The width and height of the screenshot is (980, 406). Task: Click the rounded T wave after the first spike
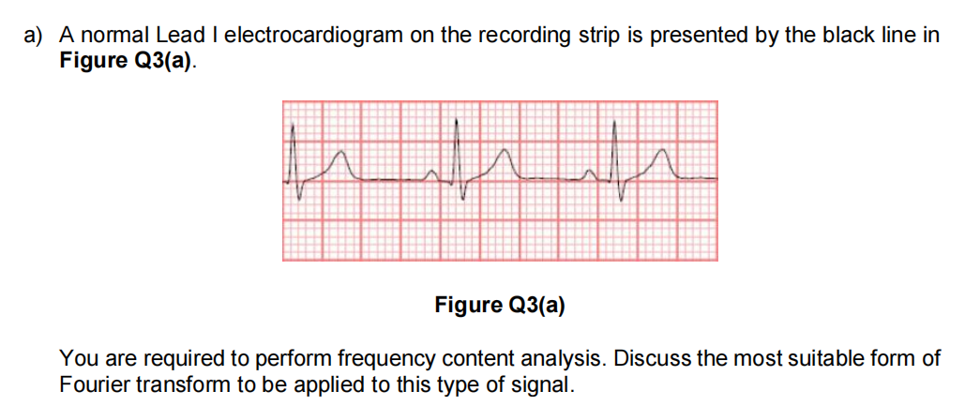(x=341, y=150)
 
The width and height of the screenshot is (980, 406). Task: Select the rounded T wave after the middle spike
(x=505, y=150)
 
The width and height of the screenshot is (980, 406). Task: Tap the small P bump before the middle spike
(x=431, y=171)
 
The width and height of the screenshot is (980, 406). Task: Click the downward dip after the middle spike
(x=462, y=198)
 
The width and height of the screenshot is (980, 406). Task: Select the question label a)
(x=34, y=36)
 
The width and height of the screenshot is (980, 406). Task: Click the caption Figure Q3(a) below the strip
(x=499, y=305)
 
